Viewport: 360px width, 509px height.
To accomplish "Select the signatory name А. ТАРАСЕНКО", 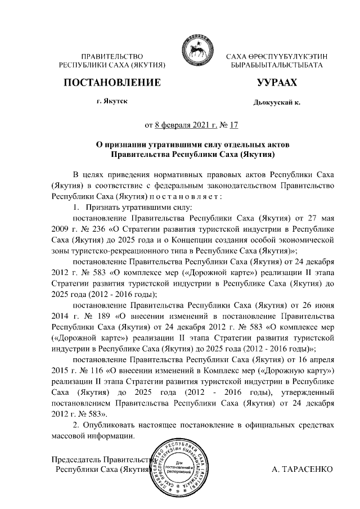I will point(301,469).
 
